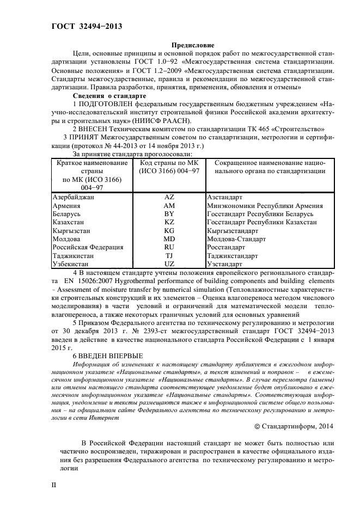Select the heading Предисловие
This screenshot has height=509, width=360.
(193, 45)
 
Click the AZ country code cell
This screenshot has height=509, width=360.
(169, 197)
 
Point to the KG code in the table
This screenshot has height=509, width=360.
(169, 230)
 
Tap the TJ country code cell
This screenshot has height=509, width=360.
(169, 255)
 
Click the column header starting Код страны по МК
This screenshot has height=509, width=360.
(169, 167)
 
